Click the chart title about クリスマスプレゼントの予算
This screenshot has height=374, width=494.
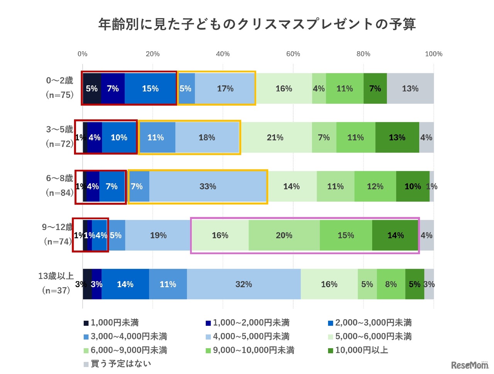pyautogui.click(x=257, y=24)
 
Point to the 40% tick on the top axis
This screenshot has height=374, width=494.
pyautogui.click(x=223, y=54)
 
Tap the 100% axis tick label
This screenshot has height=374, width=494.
pyautogui.click(x=433, y=54)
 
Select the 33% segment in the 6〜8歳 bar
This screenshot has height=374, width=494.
pyautogui.click(x=208, y=186)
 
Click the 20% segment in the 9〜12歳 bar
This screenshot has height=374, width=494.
pyautogui.click(x=284, y=235)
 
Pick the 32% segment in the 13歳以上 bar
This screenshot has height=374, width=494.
pyautogui.click(x=244, y=284)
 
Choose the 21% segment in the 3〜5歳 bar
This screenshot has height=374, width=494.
pyautogui.click(x=275, y=137)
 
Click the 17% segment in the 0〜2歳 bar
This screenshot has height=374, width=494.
pyautogui.click(x=225, y=88)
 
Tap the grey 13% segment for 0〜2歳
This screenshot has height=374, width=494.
pyautogui.click(x=410, y=88)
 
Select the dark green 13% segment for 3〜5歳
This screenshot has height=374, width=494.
pyautogui.click(x=397, y=137)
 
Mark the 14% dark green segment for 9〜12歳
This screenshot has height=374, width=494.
pyautogui.click(x=395, y=235)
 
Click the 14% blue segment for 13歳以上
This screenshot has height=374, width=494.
pyautogui.click(x=125, y=284)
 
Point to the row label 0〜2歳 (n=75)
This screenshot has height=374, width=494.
pyautogui.click(x=59, y=88)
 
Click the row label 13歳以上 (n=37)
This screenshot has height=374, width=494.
pyautogui.click(x=56, y=283)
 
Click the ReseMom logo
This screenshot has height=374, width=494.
pyautogui.click(x=469, y=365)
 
